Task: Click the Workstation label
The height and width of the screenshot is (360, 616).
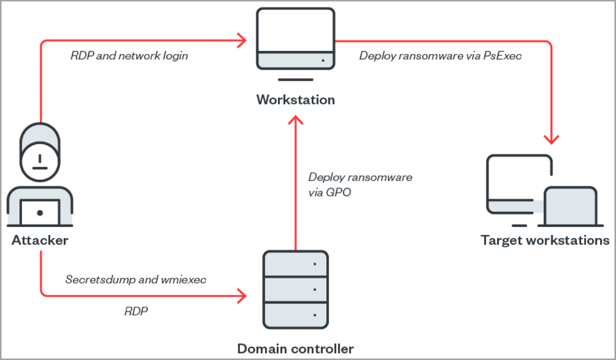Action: click(295, 100)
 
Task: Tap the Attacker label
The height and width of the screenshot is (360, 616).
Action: click(40, 240)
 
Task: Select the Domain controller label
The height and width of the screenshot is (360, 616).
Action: click(295, 349)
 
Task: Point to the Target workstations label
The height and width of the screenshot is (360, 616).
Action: click(545, 240)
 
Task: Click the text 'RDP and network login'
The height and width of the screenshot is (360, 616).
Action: click(129, 56)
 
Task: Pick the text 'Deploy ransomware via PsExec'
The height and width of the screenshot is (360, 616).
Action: click(441, 56)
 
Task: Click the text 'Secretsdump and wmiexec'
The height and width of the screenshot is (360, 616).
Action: click(136, 280)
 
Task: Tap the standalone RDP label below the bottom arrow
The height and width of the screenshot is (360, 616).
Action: click(136, 311)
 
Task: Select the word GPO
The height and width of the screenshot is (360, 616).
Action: click(338, 192)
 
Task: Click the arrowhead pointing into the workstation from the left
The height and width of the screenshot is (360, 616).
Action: click(242, 41)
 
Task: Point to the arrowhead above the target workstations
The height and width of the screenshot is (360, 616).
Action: click(551, 140)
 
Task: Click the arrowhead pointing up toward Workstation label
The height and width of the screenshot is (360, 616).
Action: click(295, 120)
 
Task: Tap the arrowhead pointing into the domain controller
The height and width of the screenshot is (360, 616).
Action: click(242, 296)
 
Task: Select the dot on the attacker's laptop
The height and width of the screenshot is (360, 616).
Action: click(40, 213)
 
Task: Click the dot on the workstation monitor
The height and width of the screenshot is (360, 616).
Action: click(323, 60)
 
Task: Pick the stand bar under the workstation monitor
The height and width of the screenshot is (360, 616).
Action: click(295, 79)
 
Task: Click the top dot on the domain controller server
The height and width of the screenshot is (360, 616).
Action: click(315, 264)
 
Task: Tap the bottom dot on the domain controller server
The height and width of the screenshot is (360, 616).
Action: click(315, 315)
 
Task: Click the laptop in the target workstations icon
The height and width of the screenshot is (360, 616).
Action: click(571, 206)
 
